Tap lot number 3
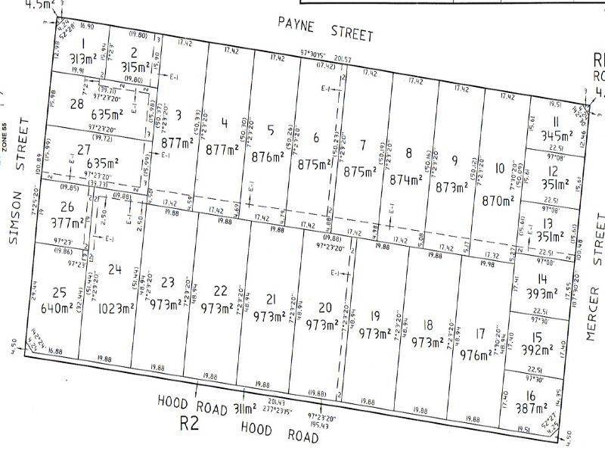pyautogui.click(x=178, y=116)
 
